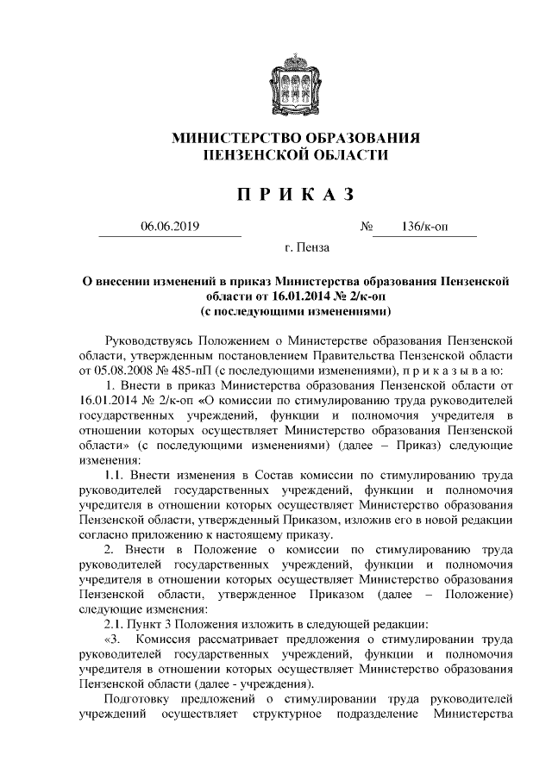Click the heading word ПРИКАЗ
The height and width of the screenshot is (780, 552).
point(296,194)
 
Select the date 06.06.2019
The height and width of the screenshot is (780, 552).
point(170,227)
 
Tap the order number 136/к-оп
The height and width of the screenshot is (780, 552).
point(423,227)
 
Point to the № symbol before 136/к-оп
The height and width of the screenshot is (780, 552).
point(366,227)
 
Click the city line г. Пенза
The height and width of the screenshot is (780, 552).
point(306,251)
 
